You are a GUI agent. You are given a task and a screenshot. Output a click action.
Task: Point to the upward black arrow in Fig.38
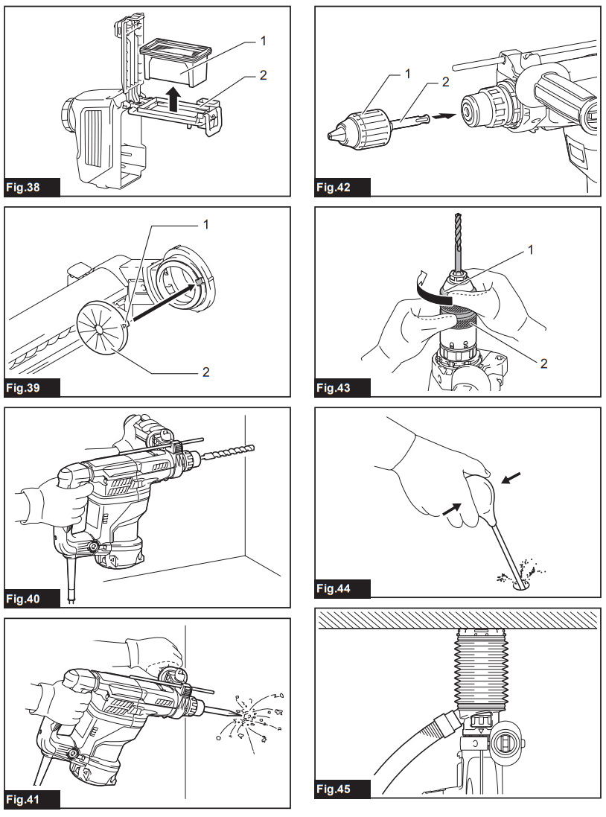click(x=173, y=98)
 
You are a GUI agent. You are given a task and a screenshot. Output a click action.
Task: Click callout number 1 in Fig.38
click(x=262, y=42)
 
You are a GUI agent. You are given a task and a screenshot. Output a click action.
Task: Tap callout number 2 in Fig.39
click(x=206, y=371)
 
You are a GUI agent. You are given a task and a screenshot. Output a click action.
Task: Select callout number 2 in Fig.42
click(x=446, y=83)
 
